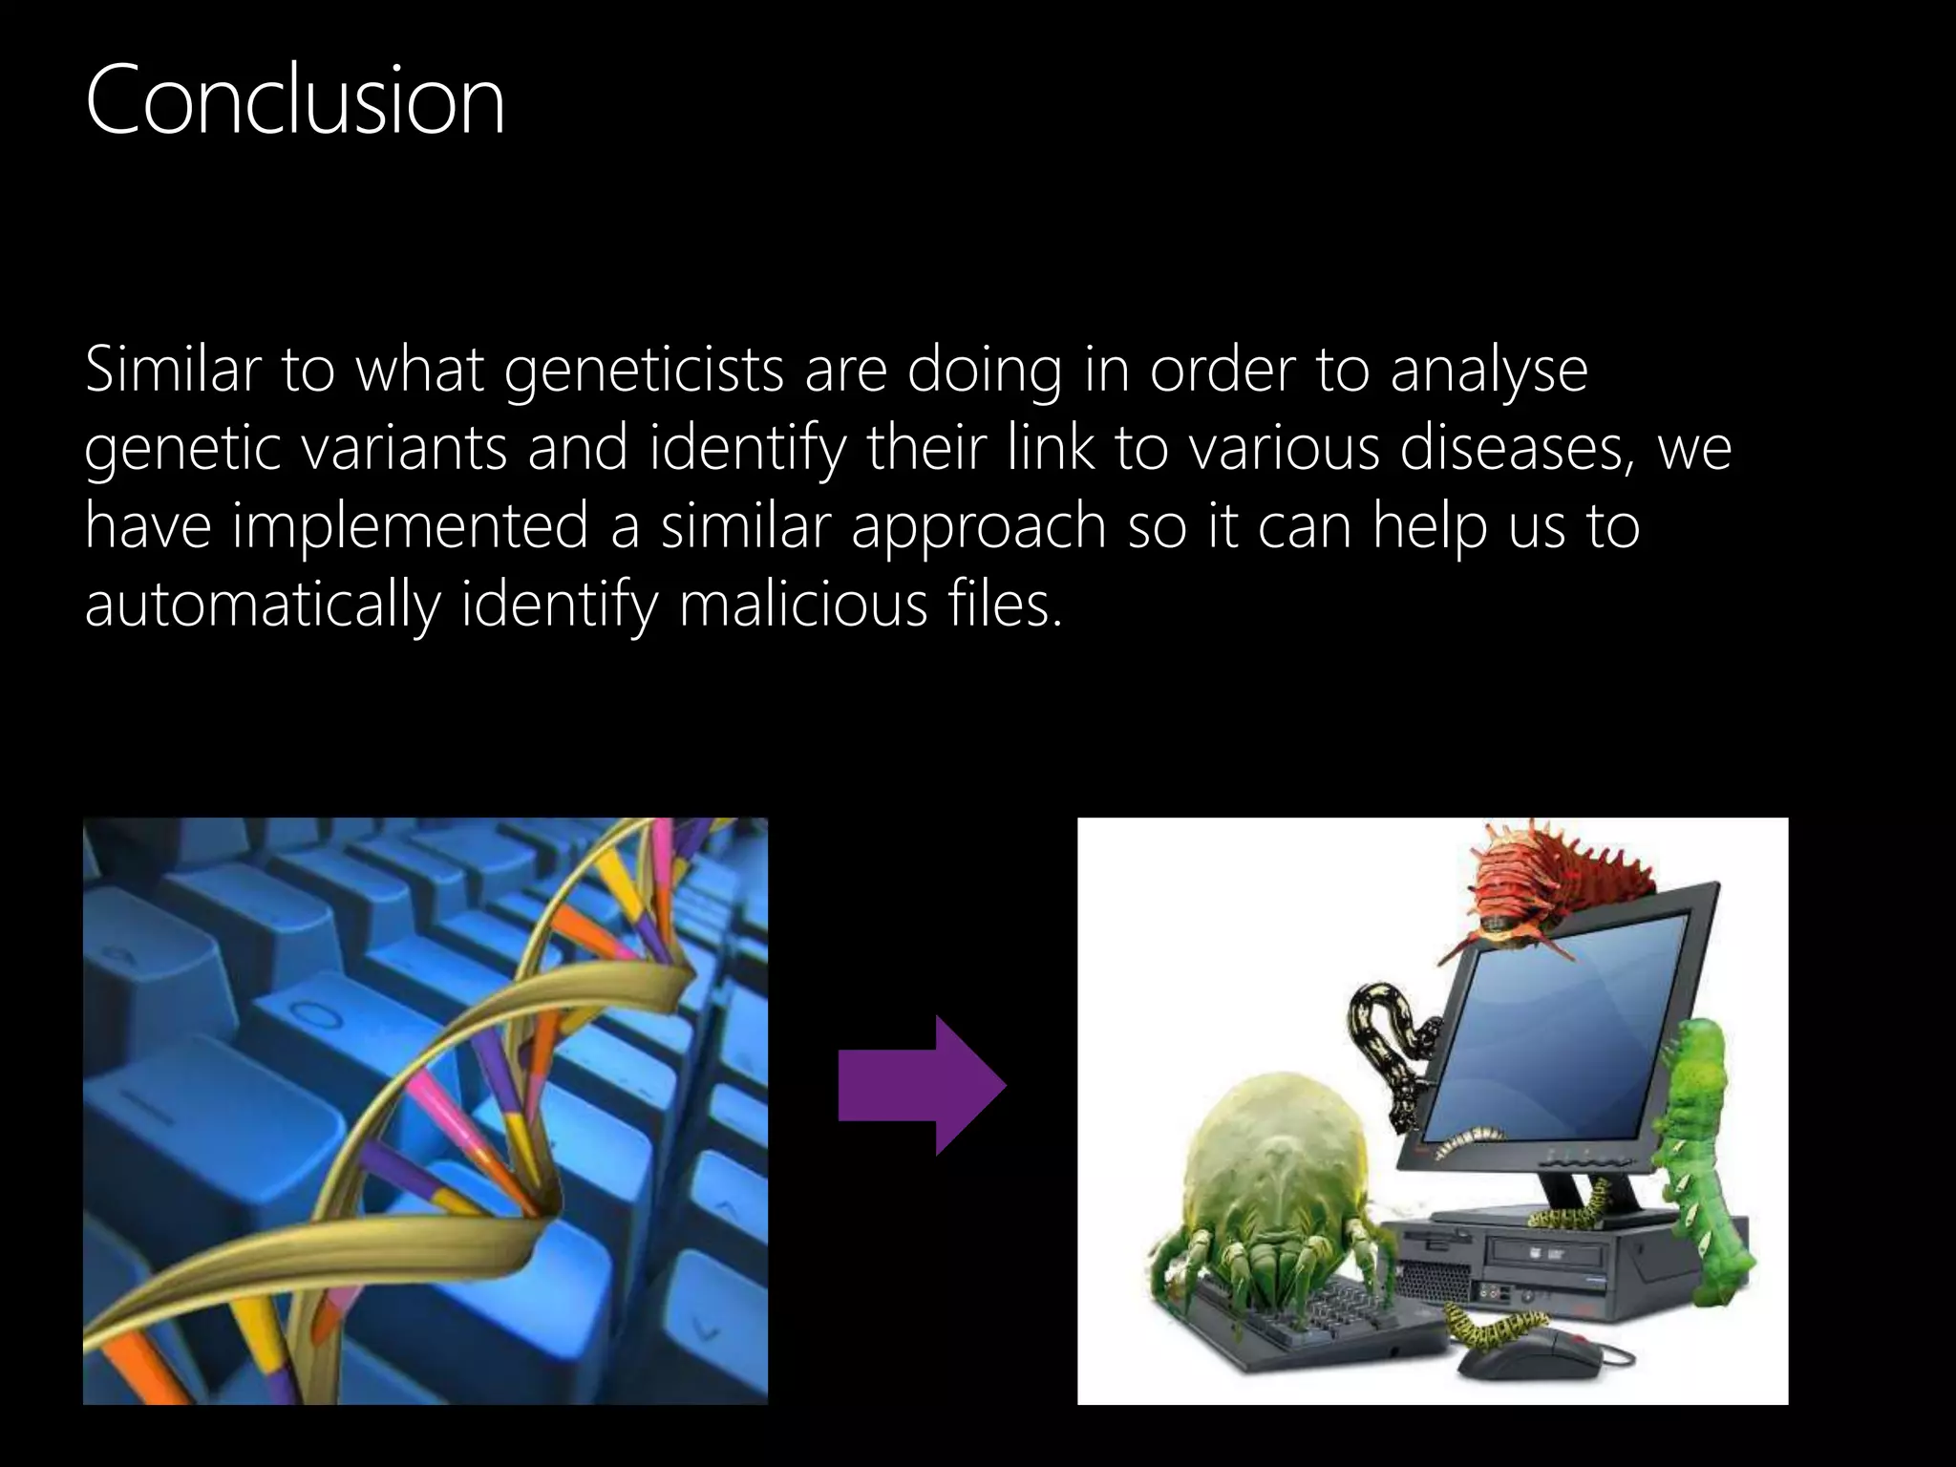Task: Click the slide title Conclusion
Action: click(294, 100)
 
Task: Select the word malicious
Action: click(803, 604)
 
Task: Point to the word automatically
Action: click(263, 606)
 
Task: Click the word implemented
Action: click(410, 526)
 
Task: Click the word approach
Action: click(978, 526)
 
